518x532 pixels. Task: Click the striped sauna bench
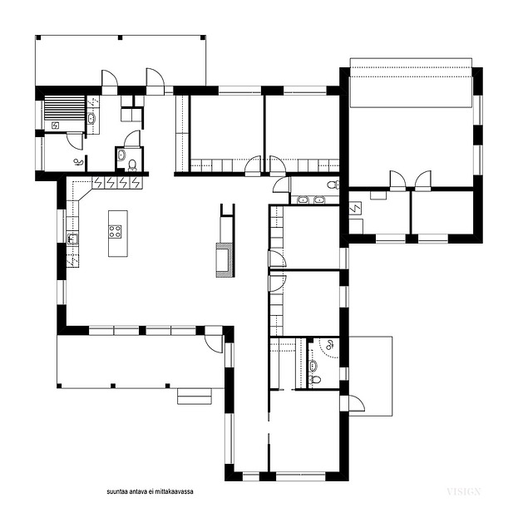pos(65,107)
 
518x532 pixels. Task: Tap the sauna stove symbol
pos(55,126)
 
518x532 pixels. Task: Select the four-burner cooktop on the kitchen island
pos(115,231)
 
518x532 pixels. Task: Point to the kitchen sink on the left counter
pos(72,239)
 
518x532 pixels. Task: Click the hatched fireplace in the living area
pos(224,260)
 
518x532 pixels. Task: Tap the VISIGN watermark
pos(464,491)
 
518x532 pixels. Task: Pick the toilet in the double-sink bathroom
pos(333,185)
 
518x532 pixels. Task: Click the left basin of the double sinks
pos(302,199)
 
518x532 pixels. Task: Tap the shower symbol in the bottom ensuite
pos(329,346)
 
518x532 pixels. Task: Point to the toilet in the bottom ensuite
pos(315,379)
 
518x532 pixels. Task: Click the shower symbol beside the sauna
pos(79,163)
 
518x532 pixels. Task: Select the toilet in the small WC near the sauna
pos(132,165)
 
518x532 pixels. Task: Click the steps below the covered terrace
pos(195,397)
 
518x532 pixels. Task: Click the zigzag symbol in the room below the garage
pos(355,208)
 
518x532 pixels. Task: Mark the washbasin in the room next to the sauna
pos(91,119)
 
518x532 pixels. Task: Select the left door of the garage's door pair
pos(397,181)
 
